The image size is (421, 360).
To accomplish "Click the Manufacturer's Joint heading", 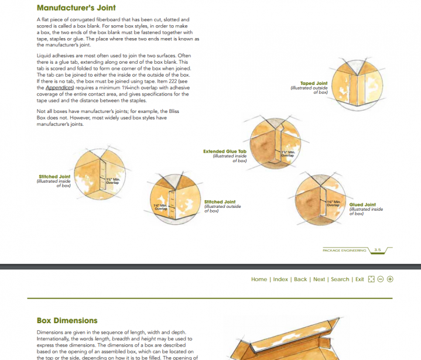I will (x=76, y=8).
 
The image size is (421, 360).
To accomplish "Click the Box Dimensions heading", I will (x=67, y=321).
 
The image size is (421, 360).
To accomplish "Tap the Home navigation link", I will (x=259, y=279).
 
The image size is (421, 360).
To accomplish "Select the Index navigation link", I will (x=280, y=279).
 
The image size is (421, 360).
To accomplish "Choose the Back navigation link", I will (x=300, y=279).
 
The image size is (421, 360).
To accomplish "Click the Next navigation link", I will (x=319, y=279).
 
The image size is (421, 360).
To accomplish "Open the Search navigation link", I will (x=340, y=279).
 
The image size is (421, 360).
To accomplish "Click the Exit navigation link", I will (x=360, y=279).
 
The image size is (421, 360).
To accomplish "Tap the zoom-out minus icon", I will (x=381, y=279).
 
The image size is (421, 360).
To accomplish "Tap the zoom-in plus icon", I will (x=391, y=279).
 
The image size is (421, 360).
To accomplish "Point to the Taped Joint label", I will (x=314, y=84).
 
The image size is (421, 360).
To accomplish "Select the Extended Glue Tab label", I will (x=225, y=152).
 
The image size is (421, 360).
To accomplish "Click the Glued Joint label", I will (x=362, y=205).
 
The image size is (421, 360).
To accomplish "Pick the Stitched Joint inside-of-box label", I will (x=54, y=176).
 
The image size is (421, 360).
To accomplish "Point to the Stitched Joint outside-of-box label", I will (x=220, y=202).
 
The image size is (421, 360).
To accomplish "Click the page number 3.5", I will (x=378, y=250).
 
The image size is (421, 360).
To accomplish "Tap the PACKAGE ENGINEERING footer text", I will (x=344, y=250).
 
